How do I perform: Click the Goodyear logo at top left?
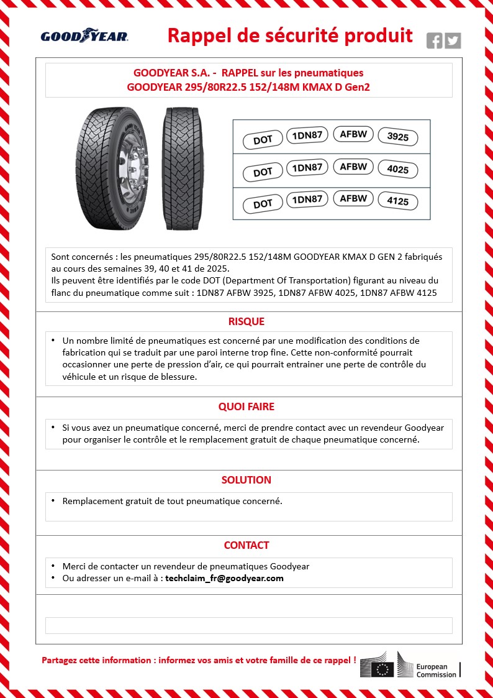[x=84, y=37]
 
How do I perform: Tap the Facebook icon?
[x=435, y=40]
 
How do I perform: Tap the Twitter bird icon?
[x=453, y=40]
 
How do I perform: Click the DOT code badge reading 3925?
[x=397, y=137]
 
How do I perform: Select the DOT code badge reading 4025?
[x=397, y=170]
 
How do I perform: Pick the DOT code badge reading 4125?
[x=397, y=202]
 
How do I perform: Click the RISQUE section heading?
[x=246, y=321]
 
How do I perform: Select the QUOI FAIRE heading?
[x=246, y=406]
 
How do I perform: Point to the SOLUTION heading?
[x=246, y=480]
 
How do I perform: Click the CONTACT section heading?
[x=246, y=545]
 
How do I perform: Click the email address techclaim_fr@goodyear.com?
[x=224, y=578]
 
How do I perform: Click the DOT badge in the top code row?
[x=263, y=139]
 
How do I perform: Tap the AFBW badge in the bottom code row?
[x=354, y=199]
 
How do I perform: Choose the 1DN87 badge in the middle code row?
[x=307, y=168]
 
